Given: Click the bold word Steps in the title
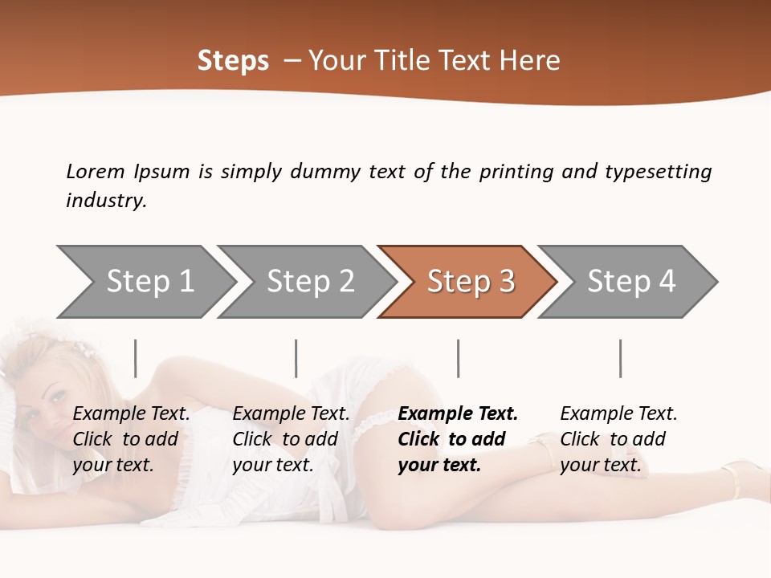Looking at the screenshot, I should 233,61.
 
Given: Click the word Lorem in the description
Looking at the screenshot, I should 95,171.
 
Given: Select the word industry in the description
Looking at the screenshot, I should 106,201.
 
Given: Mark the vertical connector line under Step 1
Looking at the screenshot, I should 136,358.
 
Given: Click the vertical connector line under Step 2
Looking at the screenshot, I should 296,358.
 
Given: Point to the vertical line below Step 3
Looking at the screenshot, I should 458,358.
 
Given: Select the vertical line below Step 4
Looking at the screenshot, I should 620,358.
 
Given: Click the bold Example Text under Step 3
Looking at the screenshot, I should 458,414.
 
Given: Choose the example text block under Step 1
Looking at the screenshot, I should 131,439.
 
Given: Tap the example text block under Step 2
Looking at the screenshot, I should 291,439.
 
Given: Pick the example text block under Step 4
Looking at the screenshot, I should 618,439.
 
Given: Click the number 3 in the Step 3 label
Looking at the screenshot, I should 506,282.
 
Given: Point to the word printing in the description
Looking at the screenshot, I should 516,171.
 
